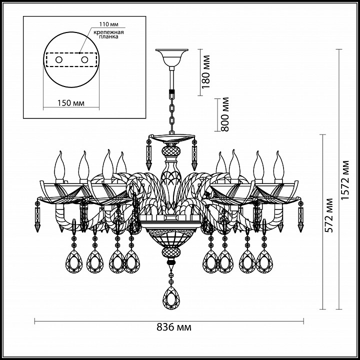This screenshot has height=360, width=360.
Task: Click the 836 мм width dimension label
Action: click(174, 327)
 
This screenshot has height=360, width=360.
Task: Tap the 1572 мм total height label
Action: click(345, 180)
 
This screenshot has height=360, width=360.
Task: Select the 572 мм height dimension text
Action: click(329, 215)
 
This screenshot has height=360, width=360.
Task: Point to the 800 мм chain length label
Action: click(225, 114)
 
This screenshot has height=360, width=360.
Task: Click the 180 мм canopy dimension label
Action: click(206, 71)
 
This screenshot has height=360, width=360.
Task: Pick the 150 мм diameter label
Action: click(70, 103)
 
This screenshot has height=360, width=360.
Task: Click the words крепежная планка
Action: click(108, 34)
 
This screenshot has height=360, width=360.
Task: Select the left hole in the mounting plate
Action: click(59, 60)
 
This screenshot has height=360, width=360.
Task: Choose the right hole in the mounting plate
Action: click(84, 60)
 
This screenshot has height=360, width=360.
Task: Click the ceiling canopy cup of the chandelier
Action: click(171, 57)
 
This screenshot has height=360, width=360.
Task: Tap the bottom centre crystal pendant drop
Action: click(171, 298)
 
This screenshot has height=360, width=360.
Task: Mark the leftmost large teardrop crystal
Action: click(74, 261)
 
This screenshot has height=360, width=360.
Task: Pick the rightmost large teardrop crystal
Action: click(264, 261)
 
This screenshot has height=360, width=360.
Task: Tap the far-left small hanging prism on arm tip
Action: click(37, 216)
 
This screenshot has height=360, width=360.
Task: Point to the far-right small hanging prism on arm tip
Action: click(300, 216)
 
